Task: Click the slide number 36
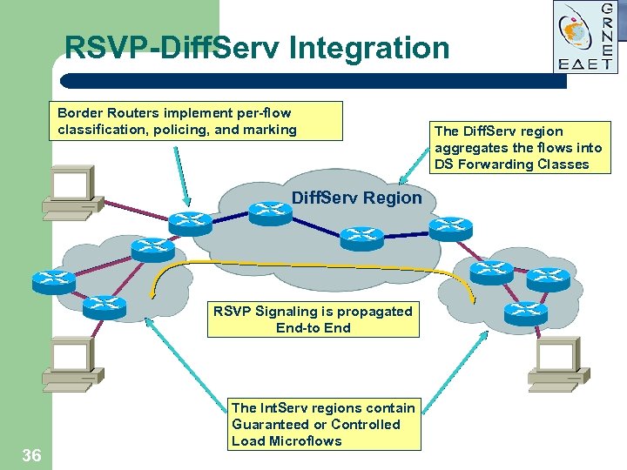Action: point(31,454)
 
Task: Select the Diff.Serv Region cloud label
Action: point(356,198)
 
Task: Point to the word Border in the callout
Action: point(80,113)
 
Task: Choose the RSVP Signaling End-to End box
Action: point(313,319)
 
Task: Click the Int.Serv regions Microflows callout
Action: point(323,424)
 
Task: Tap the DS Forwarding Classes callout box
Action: point(517,147)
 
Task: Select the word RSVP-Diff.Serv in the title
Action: point(172,48)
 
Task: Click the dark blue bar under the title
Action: point(313,81)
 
